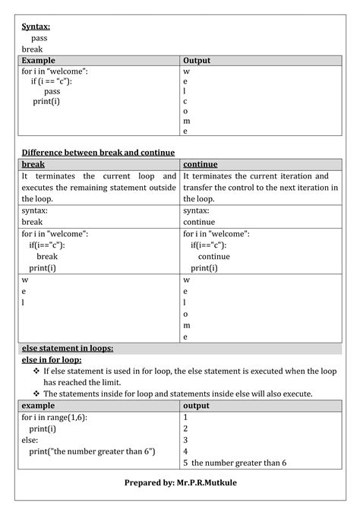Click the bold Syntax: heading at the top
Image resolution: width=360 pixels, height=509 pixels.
coord(36,27)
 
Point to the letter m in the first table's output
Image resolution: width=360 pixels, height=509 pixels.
coord(186,121)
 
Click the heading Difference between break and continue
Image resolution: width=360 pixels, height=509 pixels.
coord(98,153)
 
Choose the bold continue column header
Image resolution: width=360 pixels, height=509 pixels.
coord(201,164)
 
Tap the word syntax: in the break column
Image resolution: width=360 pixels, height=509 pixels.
coord(35,210)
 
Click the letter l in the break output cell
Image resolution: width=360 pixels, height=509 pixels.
coord(23,302)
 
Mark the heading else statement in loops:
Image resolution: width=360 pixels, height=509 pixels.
coord(68,348)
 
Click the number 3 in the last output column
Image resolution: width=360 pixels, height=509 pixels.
coord(185,440)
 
